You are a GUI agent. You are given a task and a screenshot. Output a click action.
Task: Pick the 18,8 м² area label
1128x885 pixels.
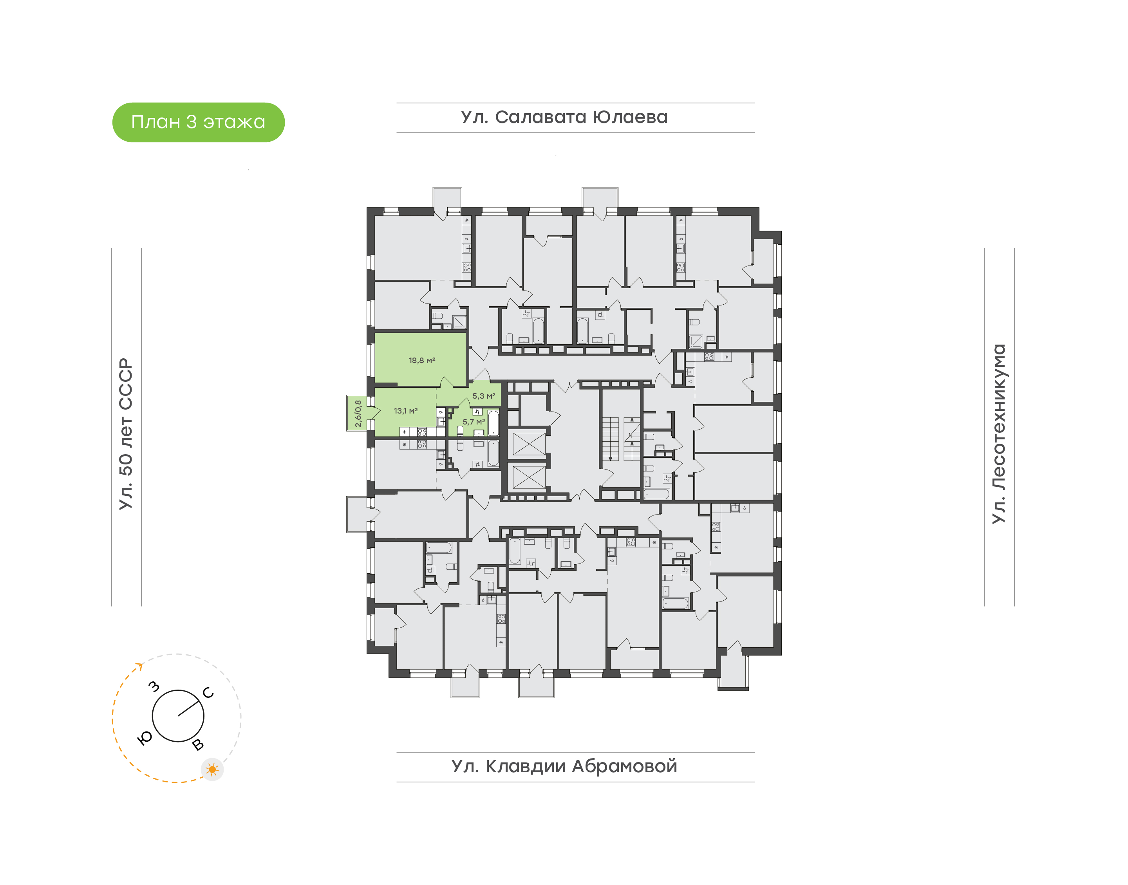click(x=422, y=360)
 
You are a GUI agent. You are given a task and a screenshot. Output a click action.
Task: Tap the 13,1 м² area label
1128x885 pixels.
click(x=406, y=411)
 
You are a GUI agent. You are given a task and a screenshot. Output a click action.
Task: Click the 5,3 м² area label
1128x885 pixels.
click(x=483, y=396)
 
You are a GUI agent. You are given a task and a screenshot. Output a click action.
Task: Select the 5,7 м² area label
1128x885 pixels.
click(x=474, y=422)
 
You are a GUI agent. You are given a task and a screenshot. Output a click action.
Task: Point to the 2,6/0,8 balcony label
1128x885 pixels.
click(x=358, y=414)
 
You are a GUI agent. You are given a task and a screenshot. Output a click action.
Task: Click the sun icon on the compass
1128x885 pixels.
click(x=212, y=769)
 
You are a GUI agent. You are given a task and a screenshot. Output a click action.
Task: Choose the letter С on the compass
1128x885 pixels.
click(x=208, y=693)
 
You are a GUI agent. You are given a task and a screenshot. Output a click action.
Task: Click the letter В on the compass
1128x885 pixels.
click(x=198, y=744)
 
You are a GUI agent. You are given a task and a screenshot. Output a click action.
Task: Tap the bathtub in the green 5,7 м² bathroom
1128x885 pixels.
click(x=493, y=423)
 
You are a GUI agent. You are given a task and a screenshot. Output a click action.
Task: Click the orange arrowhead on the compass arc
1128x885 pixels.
click(x=139, y=665)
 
